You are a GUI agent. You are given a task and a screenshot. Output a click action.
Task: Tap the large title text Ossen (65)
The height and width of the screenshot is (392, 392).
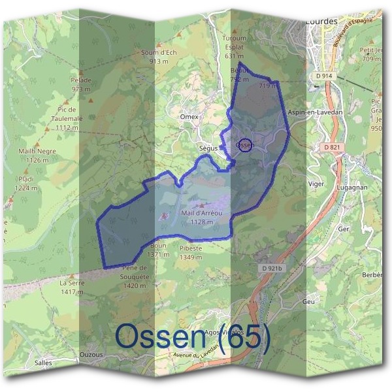pos(193,337)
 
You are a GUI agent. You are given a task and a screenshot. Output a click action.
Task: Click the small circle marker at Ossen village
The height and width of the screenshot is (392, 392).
pos(244,145)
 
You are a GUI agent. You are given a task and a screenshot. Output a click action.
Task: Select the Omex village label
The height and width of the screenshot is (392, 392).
pos(188,116)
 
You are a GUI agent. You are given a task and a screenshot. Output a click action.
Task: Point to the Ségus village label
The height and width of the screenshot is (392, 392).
pos(208,149)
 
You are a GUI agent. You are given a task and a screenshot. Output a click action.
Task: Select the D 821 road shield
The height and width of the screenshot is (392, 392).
pos(332,148)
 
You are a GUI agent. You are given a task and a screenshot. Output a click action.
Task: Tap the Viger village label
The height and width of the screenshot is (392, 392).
pos(316,184)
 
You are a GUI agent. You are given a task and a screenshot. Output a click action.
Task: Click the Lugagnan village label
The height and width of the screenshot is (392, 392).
pos(353,188)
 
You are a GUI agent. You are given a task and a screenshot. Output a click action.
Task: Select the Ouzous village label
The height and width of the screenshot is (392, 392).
pos(91,355)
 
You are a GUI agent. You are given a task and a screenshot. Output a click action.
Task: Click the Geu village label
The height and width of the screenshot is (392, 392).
pos(309,301)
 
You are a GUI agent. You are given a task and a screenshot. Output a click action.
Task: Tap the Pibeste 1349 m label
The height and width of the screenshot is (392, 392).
pos(190,253)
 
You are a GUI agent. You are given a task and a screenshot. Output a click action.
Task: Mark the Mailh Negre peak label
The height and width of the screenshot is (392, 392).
pos(38,155)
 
